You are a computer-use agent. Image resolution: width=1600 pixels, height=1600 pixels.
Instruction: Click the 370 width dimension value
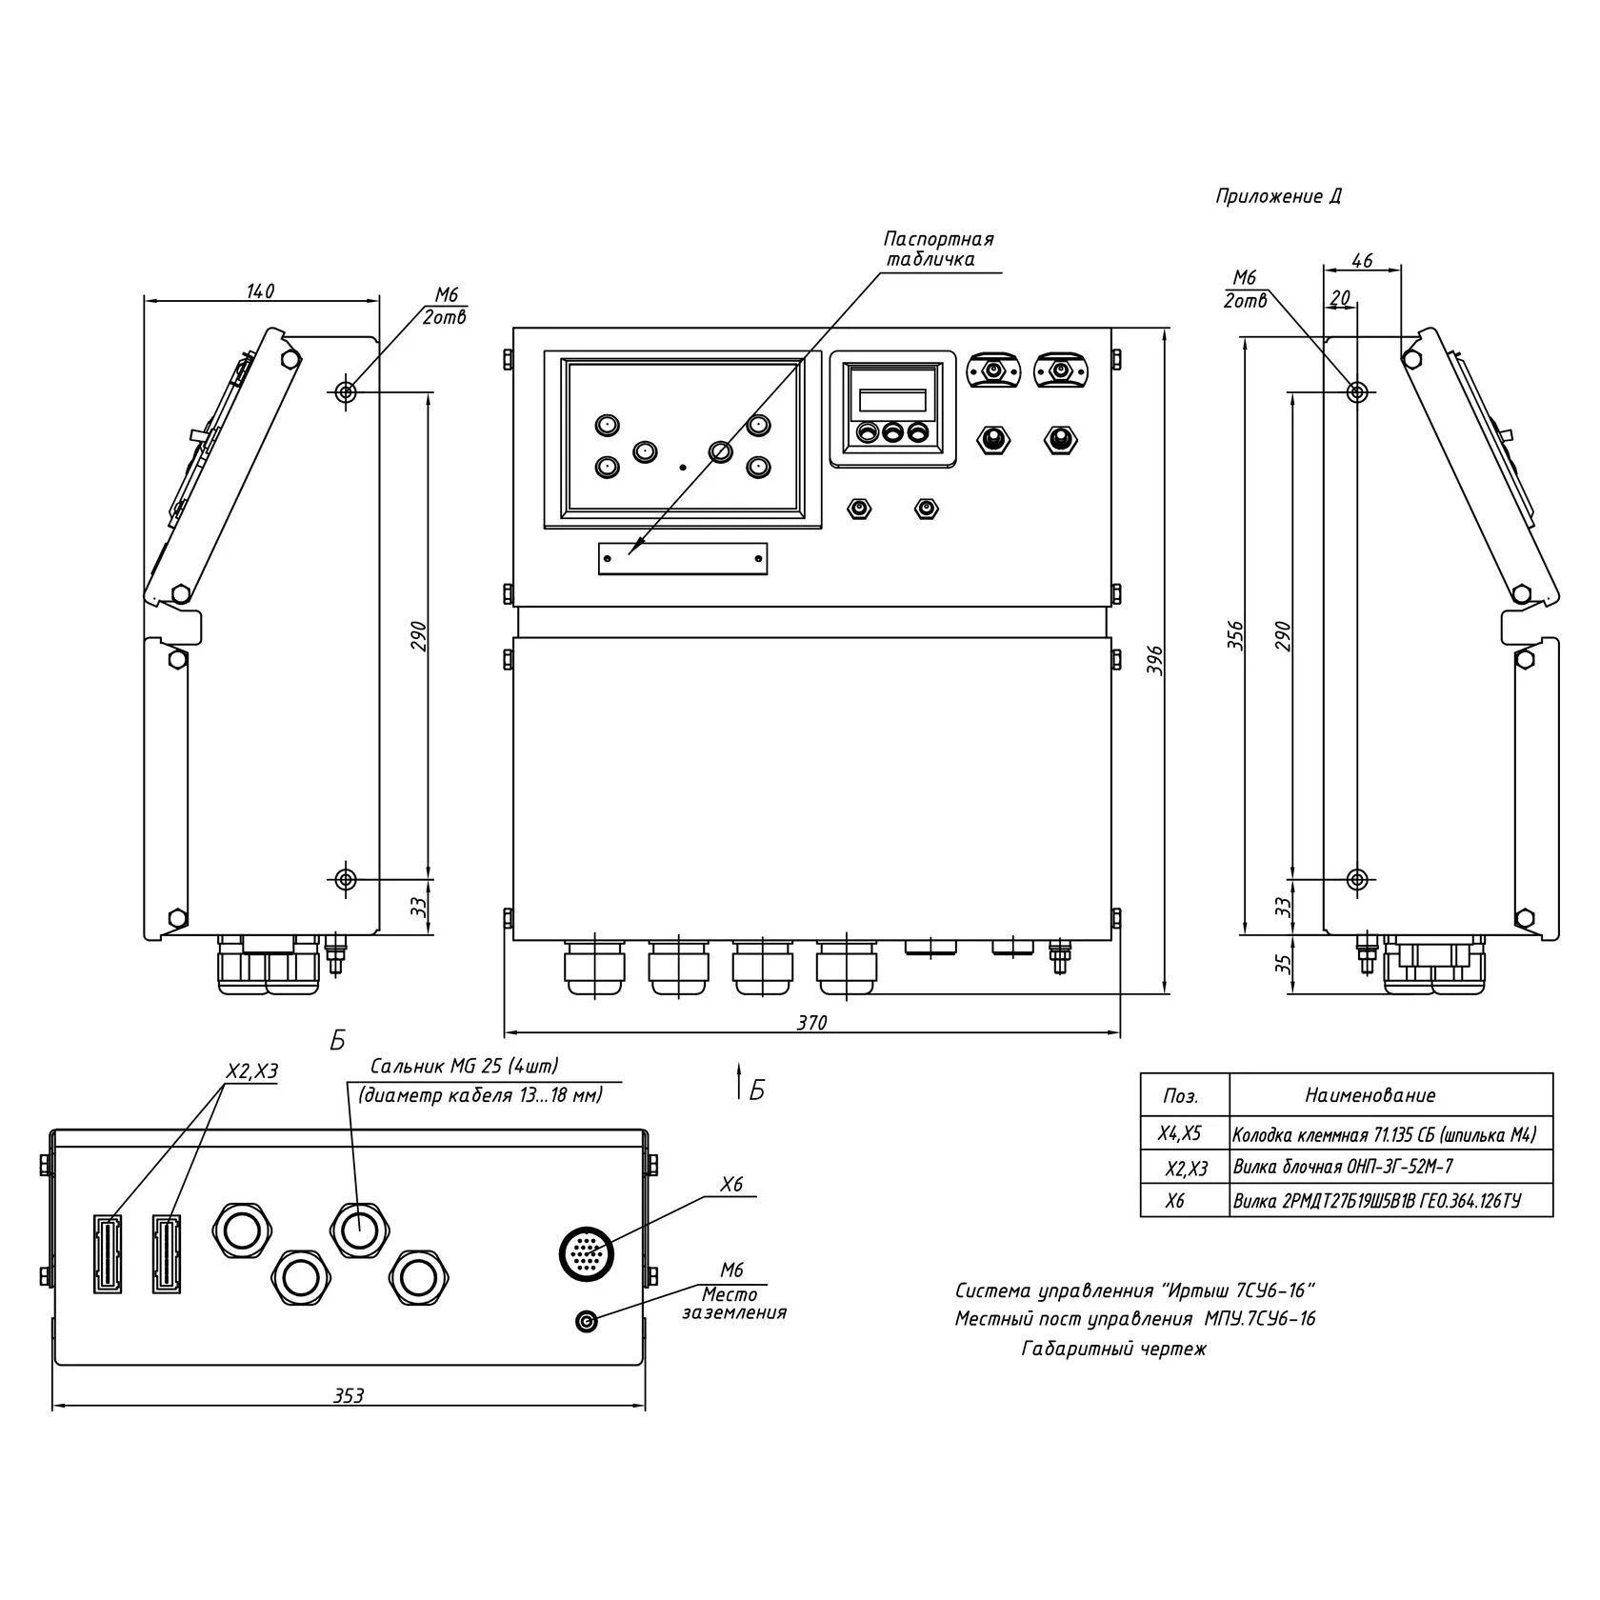click(x=811, y=1023)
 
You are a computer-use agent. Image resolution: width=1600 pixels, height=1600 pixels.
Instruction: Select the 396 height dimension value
click(x=1154, y=660)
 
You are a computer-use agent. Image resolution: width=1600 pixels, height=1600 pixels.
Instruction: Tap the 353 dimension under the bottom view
click(x=349, y=1395)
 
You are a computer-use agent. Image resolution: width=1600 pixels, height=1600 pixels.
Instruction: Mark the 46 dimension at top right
click(x=1362, y=260)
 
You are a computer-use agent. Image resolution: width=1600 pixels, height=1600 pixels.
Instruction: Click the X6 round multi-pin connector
click(x=589, y=1254)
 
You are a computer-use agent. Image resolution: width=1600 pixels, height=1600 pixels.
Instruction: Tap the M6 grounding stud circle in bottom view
click(x=587, y=1321)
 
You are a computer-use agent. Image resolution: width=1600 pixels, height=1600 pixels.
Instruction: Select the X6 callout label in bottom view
click(x=730, y=1185)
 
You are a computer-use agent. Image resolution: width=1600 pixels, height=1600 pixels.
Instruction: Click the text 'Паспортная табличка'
click(x=937, y=249)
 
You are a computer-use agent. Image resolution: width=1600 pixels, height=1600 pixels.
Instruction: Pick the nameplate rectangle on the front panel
click(x=682, y=558)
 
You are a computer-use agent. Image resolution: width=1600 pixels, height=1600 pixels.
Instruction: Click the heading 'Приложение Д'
click(x=1278, y=197)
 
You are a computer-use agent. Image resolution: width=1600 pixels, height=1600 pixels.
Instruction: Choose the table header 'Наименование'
click(x=1370, y=1095)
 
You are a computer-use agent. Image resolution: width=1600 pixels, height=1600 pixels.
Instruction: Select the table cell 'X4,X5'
click(x=1179, y=1134)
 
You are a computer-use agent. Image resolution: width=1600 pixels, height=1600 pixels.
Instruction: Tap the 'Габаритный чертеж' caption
click(x=1113, y=1350)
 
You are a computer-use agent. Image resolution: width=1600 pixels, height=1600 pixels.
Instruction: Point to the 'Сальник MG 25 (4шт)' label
click(x=464, y=1066)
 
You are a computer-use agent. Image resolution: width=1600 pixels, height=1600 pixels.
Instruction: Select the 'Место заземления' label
click(x=733, y=1304)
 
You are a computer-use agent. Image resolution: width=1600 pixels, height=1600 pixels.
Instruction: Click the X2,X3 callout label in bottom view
click(x=251, y=1071)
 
